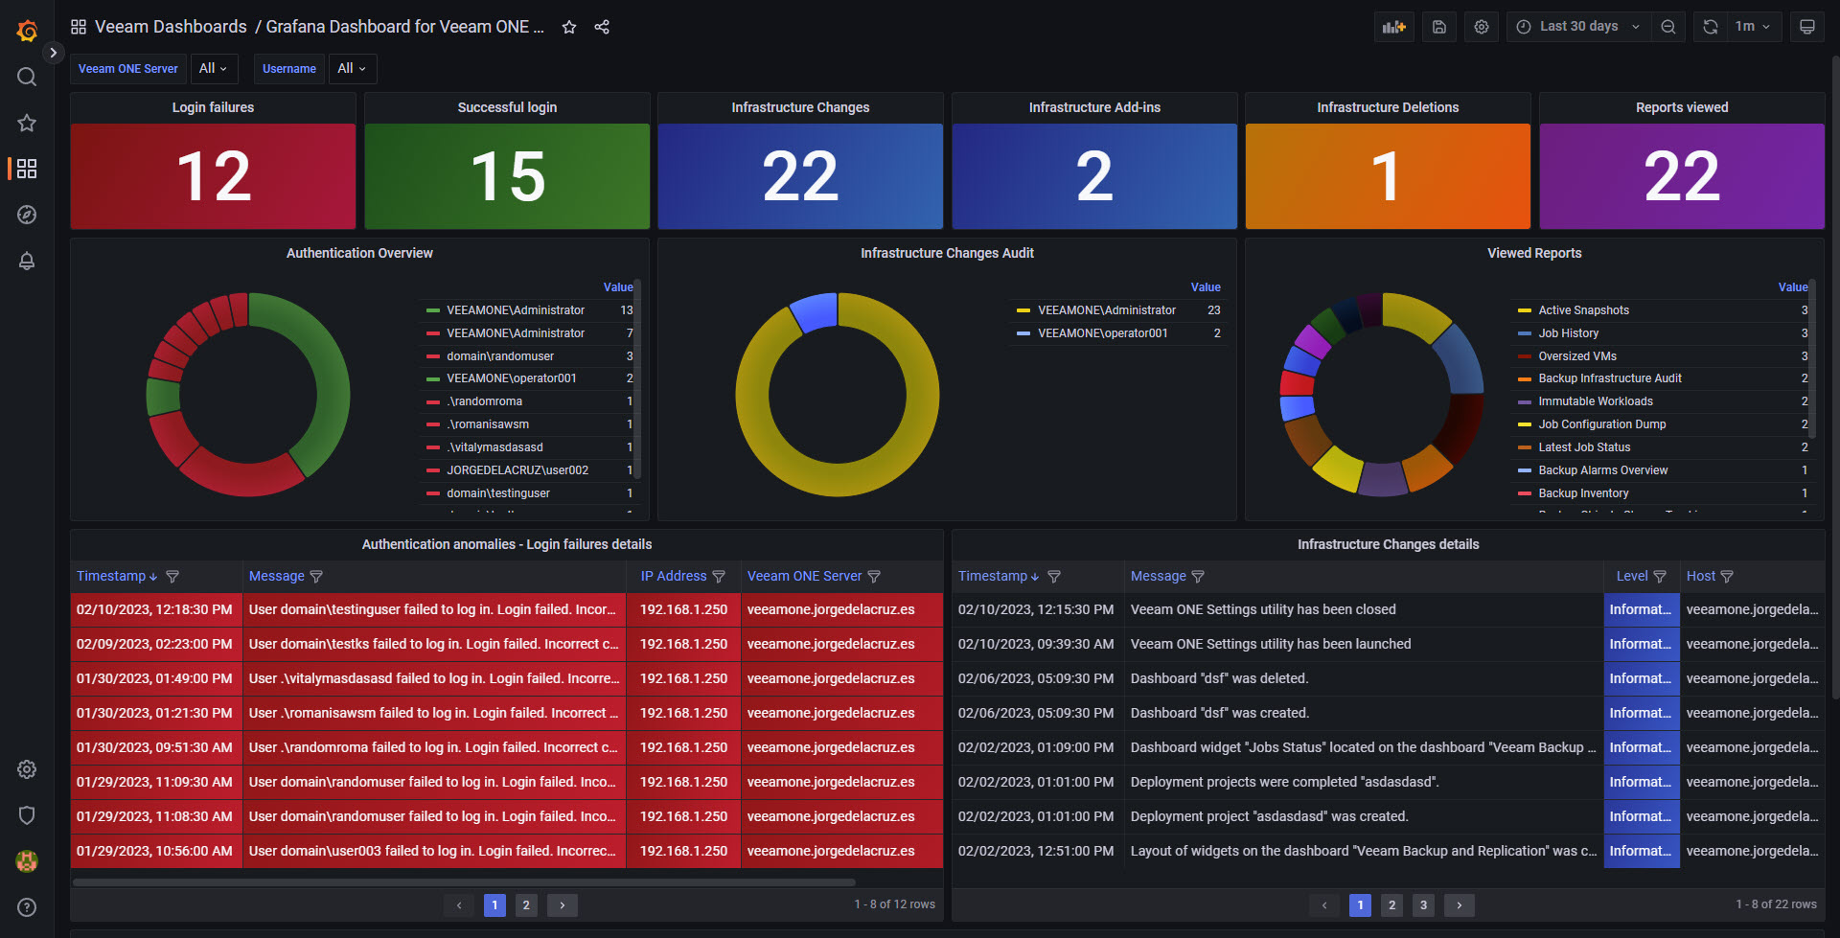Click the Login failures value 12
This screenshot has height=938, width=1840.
pyautogui.click(x=214, y=177)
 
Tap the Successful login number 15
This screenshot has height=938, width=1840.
pyautogui.click(x=507, y=177)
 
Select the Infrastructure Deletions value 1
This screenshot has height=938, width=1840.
pyautogui.click(x=1386, y=177)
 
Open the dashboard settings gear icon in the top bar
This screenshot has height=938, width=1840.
pyautogui.click(x=1481, y=27)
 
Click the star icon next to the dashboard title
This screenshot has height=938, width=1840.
pyautogui.click(x=569, y=27)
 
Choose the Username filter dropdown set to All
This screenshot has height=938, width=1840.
pyautogui.click(x=352, y=69)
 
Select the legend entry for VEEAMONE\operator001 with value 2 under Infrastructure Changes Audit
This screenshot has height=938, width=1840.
pyautogui.click(x=1102, y=333)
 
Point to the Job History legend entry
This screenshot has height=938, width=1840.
pyautogui.click(x=1568, y=333)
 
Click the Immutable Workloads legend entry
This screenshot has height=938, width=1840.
pyautogui.click(x=1595, y=401)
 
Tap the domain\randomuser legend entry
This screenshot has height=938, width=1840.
pyautogui.click(x=499, y=356)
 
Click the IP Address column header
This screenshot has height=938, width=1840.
pyautogui.click(x=673, y=576)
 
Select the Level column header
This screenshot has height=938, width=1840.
pyautogui.click(x=1631, y=576)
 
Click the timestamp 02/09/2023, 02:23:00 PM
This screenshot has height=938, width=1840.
pyautogui.click(x=154, y=644)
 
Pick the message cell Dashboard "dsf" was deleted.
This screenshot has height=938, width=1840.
pyautogui.click(x=1219, y=678)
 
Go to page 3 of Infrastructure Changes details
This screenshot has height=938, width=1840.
pyautogui.click(x=1423, y=904)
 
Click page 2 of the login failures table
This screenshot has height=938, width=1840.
pyautogui.click(x=526, y=904)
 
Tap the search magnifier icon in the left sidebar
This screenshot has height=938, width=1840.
pyautogui.click(x=27, y=77)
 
